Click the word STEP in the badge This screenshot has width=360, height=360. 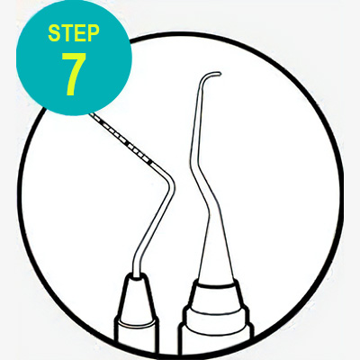[x=74, y=33]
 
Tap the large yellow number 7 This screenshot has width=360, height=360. [x=74, y=74]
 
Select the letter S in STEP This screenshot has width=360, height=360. [x=54, y=33]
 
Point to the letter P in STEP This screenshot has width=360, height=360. [x=94, y=33]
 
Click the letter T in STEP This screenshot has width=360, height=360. [x=67, y=33]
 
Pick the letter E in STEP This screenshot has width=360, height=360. [x=80, y=33]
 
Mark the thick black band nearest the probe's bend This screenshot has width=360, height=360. [x=149, y=161]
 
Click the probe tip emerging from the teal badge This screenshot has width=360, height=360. [x=92, y=115]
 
